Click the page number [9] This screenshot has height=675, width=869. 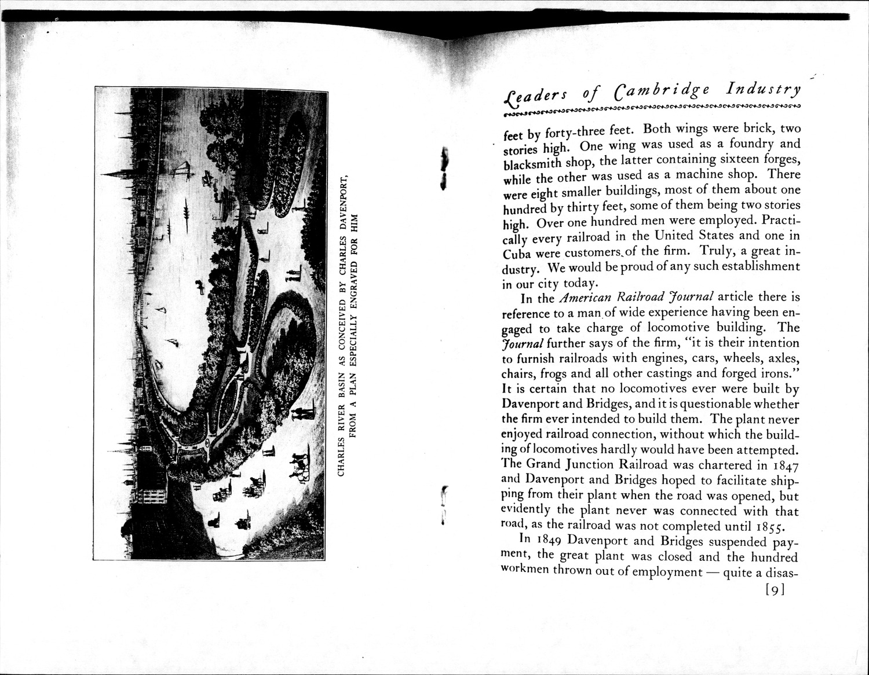(775, 589)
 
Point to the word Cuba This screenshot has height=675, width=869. (518, 254)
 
